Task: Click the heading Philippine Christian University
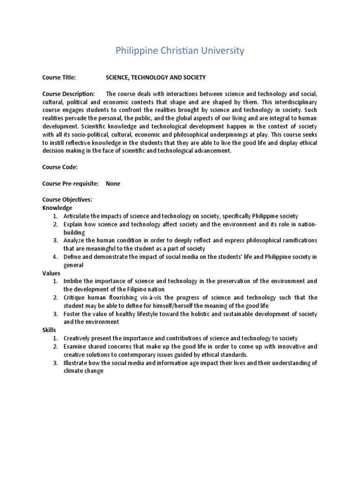click(x=180, y=51)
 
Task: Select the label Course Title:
click(x=59, y=77)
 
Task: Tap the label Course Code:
click(x=60, y=166)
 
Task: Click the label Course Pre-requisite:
click(x=70, y=184)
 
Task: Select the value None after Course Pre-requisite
click(x=113, y=184)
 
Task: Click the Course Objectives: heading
click(x=67, y=200)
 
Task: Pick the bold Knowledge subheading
click(x=57, y=208)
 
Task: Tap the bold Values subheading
click(x=51, y=273)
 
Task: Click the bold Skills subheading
click(x=49, y=330)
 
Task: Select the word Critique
click(x=75, y=297)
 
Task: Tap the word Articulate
click(x=77, y=216)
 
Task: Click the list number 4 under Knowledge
click(x=55, y=257)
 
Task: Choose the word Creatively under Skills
click(x=77, y=338)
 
